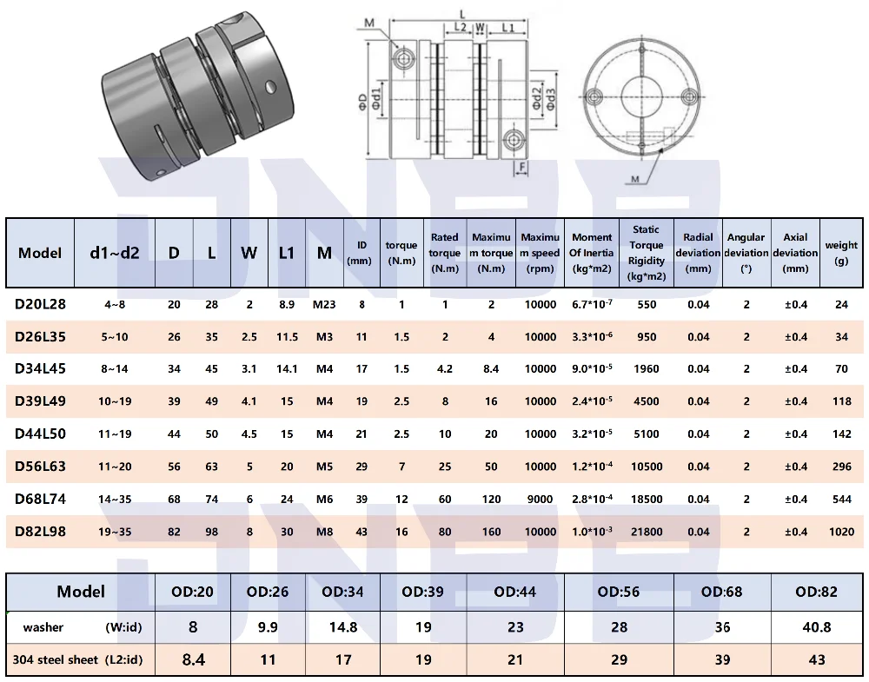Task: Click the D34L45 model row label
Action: pyautogui.click(x=40, y=369)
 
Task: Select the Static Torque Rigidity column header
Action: pyautogui.click(x=647, y=253)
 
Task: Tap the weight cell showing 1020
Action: pyautogui.click(x=841, y=532)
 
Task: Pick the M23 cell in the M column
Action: pyautogui.click(x=324, y=304)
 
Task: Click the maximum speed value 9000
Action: pyautogui.click(x=540, y=500)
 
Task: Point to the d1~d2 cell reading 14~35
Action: pyautogui.click(x=115, y=500)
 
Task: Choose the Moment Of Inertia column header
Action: pyautogui.click(x=591, y=253)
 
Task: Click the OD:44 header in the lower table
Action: pyautogui.click(x=514, y=592)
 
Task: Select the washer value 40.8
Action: pyautogui.click(x=816, y=627)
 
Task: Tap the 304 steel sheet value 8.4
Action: pyautogui.click(x=194, y=659)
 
